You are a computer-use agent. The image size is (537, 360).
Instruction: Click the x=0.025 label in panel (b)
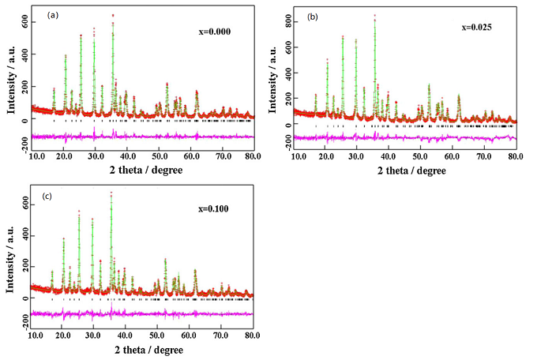coord(478,27)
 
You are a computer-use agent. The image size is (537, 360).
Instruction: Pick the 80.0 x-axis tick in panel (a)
coord(252,156)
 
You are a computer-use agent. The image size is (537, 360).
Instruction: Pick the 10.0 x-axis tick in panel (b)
coord(299,156)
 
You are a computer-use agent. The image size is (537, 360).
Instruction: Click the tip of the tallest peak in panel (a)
coord(113,15)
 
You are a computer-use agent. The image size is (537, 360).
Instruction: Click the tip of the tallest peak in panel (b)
coord(374,16)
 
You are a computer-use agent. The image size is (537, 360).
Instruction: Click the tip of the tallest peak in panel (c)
coord(111,193)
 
